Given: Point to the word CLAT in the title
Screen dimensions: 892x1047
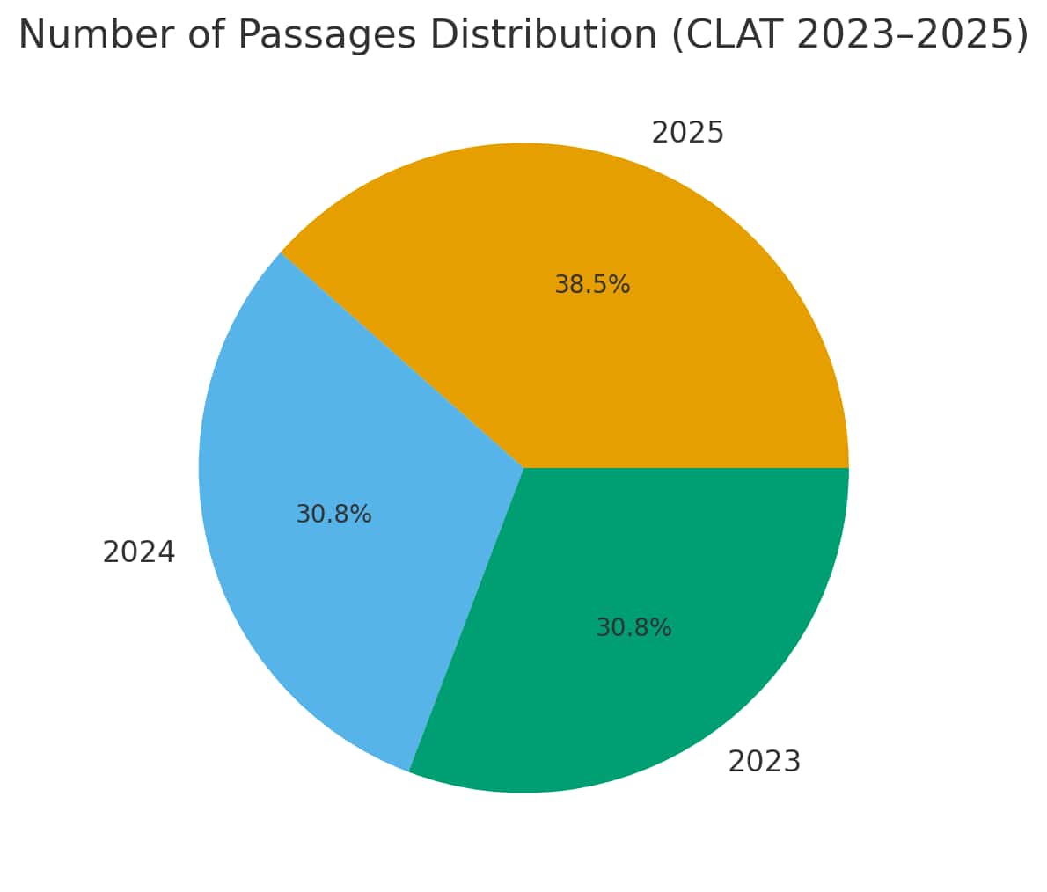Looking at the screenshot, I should pyautogui.click(x=734, y=35).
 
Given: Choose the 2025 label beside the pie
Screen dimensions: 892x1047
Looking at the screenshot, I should pyautogui.click(x=687, y=133).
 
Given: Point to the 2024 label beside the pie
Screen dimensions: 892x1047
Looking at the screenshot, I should pyautogui.click(x=138, y=552).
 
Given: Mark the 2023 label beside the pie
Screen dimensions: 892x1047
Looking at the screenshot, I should pyautogui.click(x=764, y=762).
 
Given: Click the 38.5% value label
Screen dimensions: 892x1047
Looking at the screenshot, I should pyautogui.click(x=592, y=285).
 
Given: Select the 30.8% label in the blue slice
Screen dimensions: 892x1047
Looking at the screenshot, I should pyautogui.click(x=333, y=515).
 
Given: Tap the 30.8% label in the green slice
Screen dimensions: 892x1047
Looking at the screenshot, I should pyautogui.click(x=633, y=628).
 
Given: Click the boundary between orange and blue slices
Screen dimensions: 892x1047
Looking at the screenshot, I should pyautogui.click(x=402, y=360).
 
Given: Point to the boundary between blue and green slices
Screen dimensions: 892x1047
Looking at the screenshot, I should pyautogui.click(x=466, y=620).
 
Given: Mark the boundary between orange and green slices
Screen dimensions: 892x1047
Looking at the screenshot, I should pyautogui.click(x=686, y=468).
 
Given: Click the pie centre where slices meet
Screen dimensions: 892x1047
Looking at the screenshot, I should pyautogui.click(x=523, y=468).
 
